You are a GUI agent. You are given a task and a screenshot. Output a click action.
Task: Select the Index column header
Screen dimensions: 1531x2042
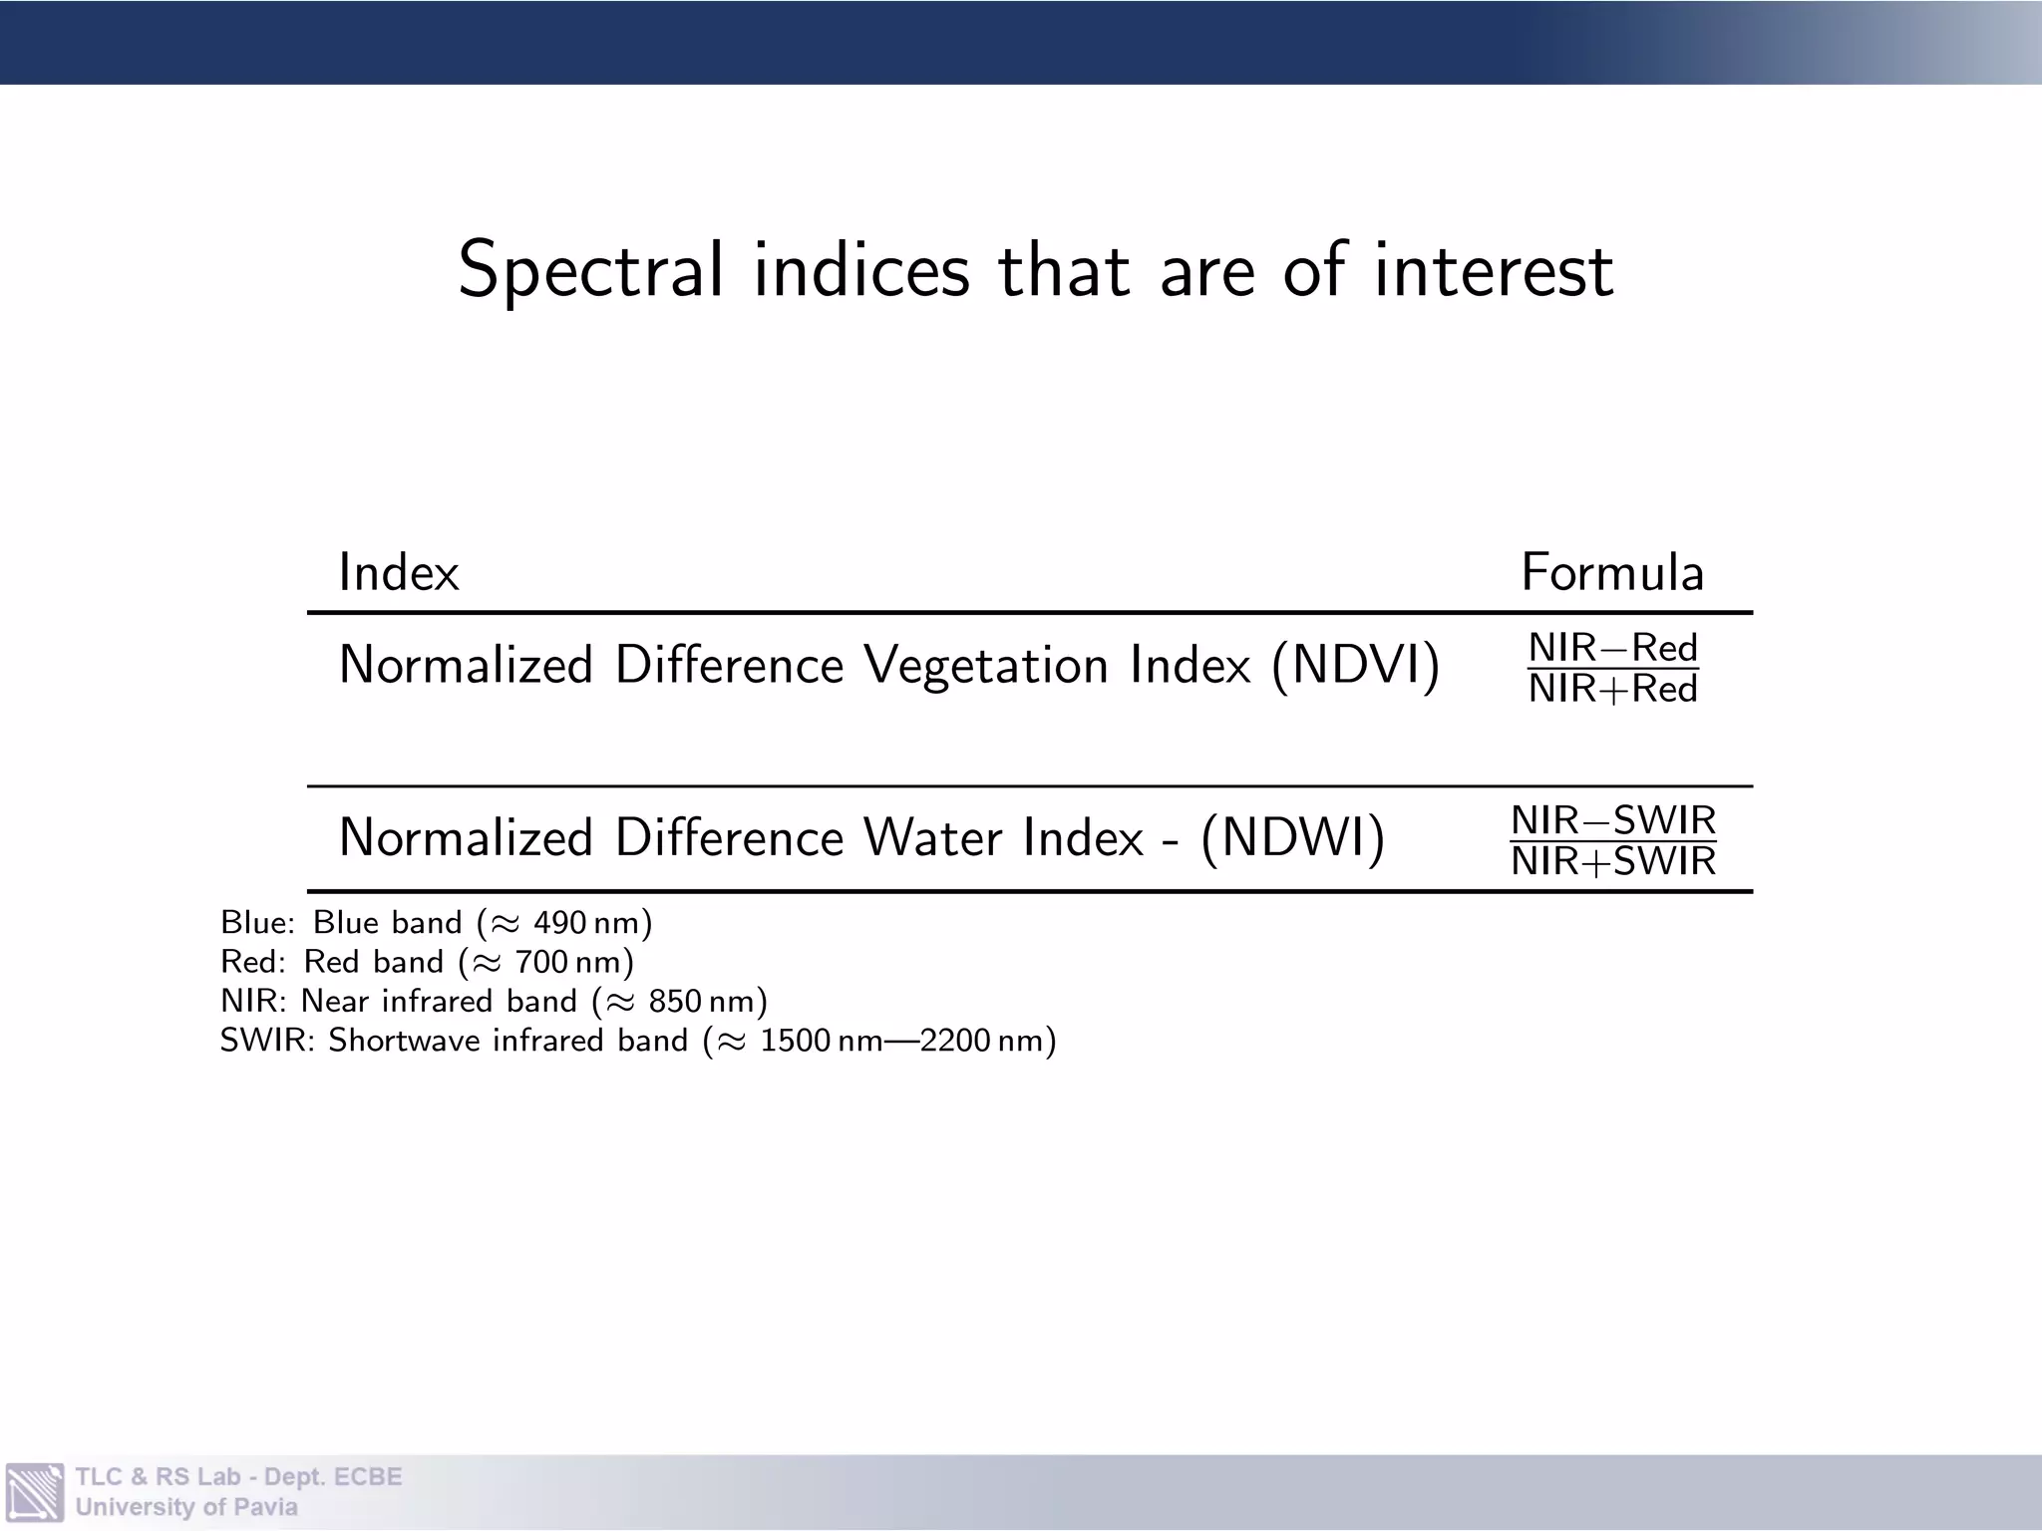click(x=399, y=573)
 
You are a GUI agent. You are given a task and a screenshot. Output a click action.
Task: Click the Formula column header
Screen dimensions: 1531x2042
click(x=1612, y=573)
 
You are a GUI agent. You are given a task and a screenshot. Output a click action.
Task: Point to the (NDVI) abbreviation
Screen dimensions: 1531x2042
click(x=1356, y=665)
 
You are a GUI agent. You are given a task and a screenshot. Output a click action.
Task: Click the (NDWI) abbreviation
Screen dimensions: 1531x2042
click(x=1293, y=837)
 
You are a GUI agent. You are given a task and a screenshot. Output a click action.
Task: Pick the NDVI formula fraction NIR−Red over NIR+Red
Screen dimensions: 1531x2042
click(x=1613, y=668)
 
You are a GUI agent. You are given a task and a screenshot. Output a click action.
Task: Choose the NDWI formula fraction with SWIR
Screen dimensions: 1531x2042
click(x=1613, y=840)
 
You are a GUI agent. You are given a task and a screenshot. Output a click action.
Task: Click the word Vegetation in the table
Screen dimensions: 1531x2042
click(x=986, y=665)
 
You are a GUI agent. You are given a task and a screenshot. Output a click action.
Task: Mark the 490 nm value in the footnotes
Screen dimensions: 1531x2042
click(x=586, y=923)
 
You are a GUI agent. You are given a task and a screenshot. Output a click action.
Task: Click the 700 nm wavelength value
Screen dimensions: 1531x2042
click(x=568, y=962)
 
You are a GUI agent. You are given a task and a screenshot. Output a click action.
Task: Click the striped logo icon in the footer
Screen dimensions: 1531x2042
click(x=35, y=1492)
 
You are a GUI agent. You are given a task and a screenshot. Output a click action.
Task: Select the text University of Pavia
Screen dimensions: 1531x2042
click(x=186, y=1507)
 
